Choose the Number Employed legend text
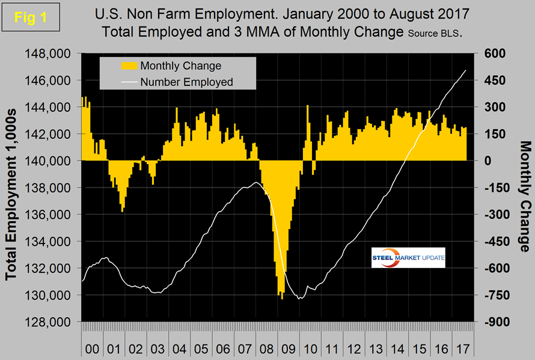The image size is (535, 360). [x=186, y=82]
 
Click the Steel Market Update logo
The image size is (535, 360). [x=408, y=258]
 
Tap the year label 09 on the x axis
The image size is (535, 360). [x=289, y=349]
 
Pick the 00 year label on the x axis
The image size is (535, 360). [x=93, y=349]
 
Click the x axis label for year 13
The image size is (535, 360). [x=375, y=349]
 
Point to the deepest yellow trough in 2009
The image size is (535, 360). [x=282, y=298]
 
